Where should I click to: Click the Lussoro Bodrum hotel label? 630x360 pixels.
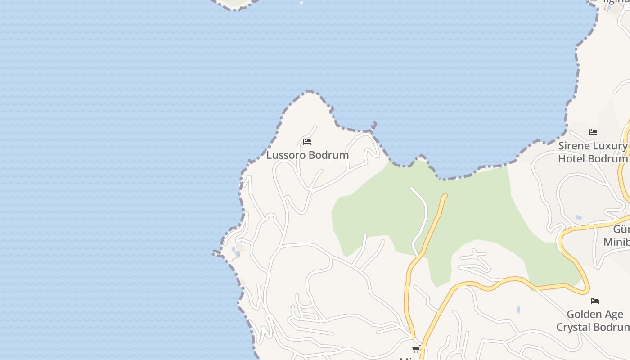pyautogui.click(x=307, y=155)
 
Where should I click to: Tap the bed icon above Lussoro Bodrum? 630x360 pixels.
pyautogui.click(x=307, y=142)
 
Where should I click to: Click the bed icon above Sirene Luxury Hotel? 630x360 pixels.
pyautogui.click(x=593, y=132)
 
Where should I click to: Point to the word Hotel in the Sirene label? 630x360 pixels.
pyautogui.click(x=571, y=159)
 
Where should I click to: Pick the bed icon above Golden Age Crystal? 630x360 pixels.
pyautogui.click(x=595, y=301)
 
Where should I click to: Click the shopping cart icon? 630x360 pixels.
pyautogui.click(x=416, y=349)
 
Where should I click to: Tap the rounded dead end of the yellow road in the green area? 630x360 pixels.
pyautogui.click(x=445, y=196)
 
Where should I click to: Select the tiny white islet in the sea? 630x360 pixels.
pyautogui.click(x=301, y=3)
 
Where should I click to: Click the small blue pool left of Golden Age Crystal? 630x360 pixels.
pyautogui.click(x=519, y=310)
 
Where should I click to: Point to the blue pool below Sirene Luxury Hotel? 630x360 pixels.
pyautogui.click(x=578, y=217)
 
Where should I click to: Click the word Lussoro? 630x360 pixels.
pyautogui.click(x=285, y=155)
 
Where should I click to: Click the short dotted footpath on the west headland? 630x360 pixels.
pyautogui.click(x=235, y=258)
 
